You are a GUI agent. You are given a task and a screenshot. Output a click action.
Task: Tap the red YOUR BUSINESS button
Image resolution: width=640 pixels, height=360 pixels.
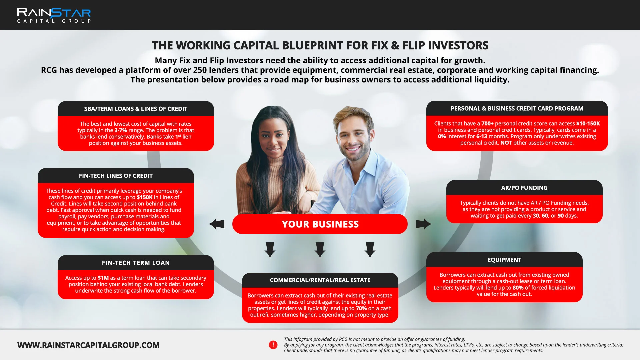[320, 224]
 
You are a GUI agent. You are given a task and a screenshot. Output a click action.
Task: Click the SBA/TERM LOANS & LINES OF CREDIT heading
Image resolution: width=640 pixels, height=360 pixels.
[136, 109]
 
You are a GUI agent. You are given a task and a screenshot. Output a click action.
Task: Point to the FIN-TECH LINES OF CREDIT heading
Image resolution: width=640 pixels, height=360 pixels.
[116, 176]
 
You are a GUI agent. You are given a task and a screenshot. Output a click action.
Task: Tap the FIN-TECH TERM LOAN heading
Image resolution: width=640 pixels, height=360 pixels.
[136, 263]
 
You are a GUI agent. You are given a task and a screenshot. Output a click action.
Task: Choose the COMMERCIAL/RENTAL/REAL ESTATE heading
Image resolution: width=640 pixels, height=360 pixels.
[320, 280]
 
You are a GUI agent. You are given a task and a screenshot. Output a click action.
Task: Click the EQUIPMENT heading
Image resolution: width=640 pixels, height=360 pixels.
[504, 260]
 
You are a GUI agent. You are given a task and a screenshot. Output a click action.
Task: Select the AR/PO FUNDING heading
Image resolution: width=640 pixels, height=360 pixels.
[524, 188]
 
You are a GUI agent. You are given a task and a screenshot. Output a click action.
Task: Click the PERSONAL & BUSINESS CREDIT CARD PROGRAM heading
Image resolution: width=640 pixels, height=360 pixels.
[517, 109]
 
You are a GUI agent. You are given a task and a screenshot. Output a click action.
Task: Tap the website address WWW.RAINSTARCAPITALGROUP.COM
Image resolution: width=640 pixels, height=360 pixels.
[88, 345]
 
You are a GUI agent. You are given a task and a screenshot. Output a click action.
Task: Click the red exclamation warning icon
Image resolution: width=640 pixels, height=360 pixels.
[273, 345]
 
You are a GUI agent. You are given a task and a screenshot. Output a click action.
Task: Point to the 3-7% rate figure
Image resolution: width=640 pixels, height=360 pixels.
[121, 130]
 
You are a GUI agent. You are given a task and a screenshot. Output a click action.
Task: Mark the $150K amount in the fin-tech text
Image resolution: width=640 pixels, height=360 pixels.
[144, 197]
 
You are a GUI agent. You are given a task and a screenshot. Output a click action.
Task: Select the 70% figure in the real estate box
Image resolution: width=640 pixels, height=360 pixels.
[361, 308]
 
